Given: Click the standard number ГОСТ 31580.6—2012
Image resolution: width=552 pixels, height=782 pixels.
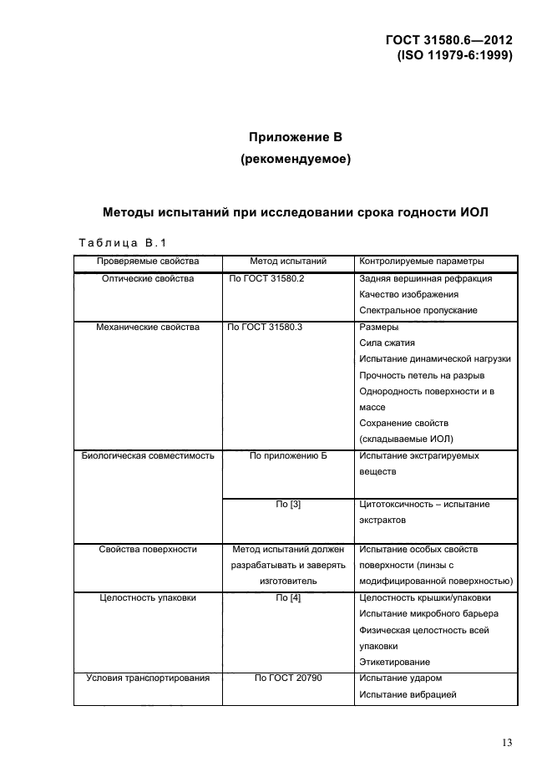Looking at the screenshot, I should (448, 41).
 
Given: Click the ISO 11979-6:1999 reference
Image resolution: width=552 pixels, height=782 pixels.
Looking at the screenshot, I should (455, 56).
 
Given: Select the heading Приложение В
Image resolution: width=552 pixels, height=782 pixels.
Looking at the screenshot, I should (296, 137).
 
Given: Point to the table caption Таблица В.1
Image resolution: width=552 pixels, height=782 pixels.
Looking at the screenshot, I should (123, 243).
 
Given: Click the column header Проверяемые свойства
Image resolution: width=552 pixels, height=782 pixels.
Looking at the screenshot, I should (147, 262).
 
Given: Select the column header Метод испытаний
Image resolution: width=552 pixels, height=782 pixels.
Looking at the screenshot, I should (287, 262).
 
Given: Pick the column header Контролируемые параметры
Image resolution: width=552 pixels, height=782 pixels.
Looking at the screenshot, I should (421, 262).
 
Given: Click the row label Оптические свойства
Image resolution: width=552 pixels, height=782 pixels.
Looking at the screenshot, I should (147, 278).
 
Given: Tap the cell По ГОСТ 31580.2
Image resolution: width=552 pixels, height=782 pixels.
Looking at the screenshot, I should (266, 278).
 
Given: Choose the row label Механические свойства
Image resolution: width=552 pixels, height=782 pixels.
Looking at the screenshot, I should (147, 327).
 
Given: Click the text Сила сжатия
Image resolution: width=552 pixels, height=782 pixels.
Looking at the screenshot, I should (386, 343).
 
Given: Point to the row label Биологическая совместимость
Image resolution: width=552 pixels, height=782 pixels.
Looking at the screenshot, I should (147, 456).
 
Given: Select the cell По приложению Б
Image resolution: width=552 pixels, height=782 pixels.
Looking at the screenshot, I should (287, 456).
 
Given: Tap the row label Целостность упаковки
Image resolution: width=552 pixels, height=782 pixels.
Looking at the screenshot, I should (147, 597).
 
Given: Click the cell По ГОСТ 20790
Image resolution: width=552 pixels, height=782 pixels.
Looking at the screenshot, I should (287, 678).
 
